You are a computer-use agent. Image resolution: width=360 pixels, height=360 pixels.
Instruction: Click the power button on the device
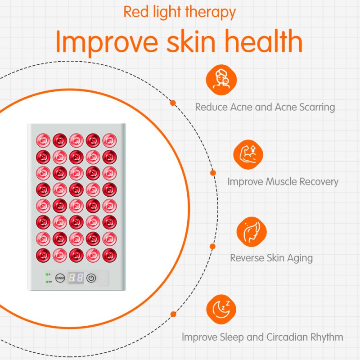(x=91, y=278)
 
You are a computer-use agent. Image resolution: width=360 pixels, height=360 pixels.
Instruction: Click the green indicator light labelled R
(x=46, y=274)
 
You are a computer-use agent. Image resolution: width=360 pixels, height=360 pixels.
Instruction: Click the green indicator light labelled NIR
(x=46, y=282)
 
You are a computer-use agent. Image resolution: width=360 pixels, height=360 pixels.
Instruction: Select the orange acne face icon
(x=221, y=80)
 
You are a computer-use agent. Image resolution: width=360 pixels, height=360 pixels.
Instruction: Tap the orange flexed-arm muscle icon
(x=248, y=154)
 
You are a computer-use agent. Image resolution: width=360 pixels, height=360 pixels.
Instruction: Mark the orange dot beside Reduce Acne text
(x=172, y=103)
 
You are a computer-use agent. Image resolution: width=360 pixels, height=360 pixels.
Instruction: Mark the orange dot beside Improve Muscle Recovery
(x=213, y=173)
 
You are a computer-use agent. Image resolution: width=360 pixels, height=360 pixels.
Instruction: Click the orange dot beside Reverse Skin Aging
(x=212, y=246)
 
